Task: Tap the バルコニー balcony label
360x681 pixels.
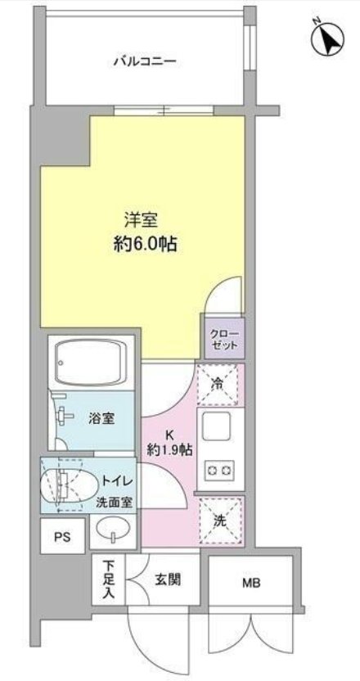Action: coord(146,61)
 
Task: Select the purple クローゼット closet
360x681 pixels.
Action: coord(224,339)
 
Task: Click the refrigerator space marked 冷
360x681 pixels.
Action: coord(217,385)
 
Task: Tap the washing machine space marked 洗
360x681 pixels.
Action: coord(220,521)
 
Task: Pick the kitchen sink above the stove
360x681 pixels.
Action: coord(216,426)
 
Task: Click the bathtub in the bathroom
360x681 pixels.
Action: coord(90,362)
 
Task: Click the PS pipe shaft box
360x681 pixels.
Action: coord(62,535)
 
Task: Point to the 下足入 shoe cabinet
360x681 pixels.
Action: coord(109,580)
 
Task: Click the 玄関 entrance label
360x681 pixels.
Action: coord(168,579)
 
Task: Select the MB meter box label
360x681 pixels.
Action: coord(251,584)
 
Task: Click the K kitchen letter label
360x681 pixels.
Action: coord(168,435)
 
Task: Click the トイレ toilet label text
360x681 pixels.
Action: coord(117,481)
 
